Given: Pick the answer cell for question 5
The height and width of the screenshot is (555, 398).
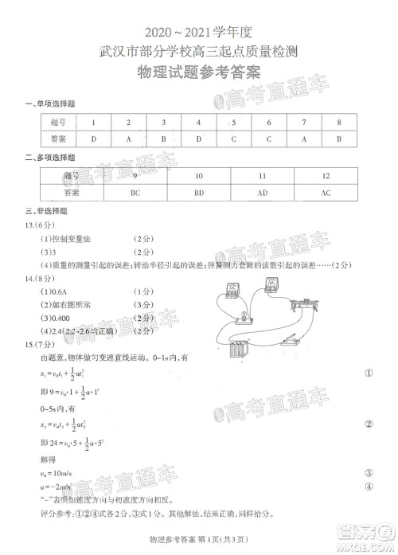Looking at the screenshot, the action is click(x=233, y=138).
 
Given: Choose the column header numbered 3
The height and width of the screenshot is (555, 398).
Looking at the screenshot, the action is click(x=163, y=122).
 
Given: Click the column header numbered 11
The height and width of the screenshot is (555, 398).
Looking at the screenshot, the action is click(x=262, y=175).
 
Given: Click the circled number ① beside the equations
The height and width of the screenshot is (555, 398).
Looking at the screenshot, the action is click(x=369, y=373).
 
